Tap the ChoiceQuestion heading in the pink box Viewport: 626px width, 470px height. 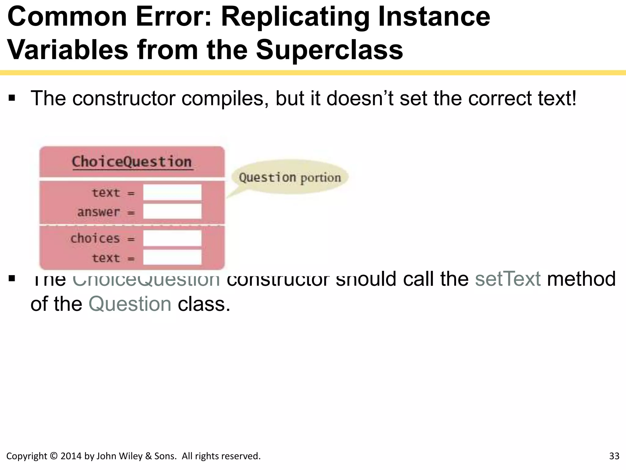132,162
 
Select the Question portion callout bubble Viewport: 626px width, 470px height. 290,177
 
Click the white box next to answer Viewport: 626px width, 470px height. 172,212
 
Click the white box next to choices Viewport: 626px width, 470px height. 172,238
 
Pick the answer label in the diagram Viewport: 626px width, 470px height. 98,212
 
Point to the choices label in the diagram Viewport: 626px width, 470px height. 95,239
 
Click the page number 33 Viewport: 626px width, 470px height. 614,456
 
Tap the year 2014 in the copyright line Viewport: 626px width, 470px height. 71,456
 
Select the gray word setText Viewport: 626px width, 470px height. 508,279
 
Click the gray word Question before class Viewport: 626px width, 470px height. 130,304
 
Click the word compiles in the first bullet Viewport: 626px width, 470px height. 225,99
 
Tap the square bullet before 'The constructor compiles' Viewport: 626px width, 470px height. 12,99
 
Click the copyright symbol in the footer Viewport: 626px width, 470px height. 53,456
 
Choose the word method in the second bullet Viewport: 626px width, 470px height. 581,279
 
